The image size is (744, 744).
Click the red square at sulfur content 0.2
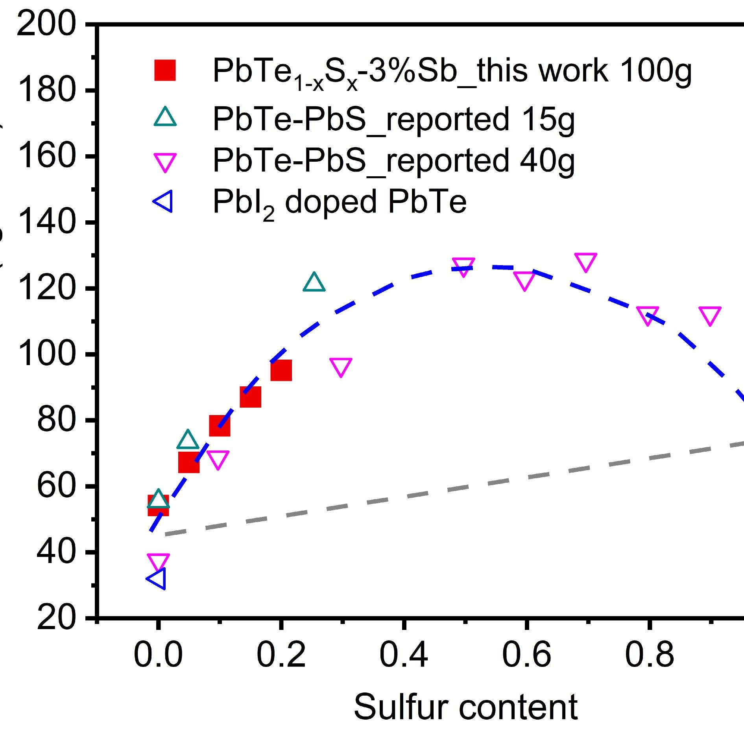(x=281, y=370)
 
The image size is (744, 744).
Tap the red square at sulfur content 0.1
(x=220, y=426)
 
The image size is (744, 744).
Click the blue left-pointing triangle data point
(x=157, y=579)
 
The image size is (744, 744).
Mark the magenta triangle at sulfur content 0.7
(x=585, y=262)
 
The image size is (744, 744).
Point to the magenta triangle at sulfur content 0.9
(x=710, y=316)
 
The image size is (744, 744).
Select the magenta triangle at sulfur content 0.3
(x=341, y=367)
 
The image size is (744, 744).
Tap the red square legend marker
(x=165, y=70)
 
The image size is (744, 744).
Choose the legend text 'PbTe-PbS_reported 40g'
(x=393, y=161)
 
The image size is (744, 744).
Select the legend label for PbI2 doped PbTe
(x=340, y=203)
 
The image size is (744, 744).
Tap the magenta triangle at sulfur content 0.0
(x=158, y=562)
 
